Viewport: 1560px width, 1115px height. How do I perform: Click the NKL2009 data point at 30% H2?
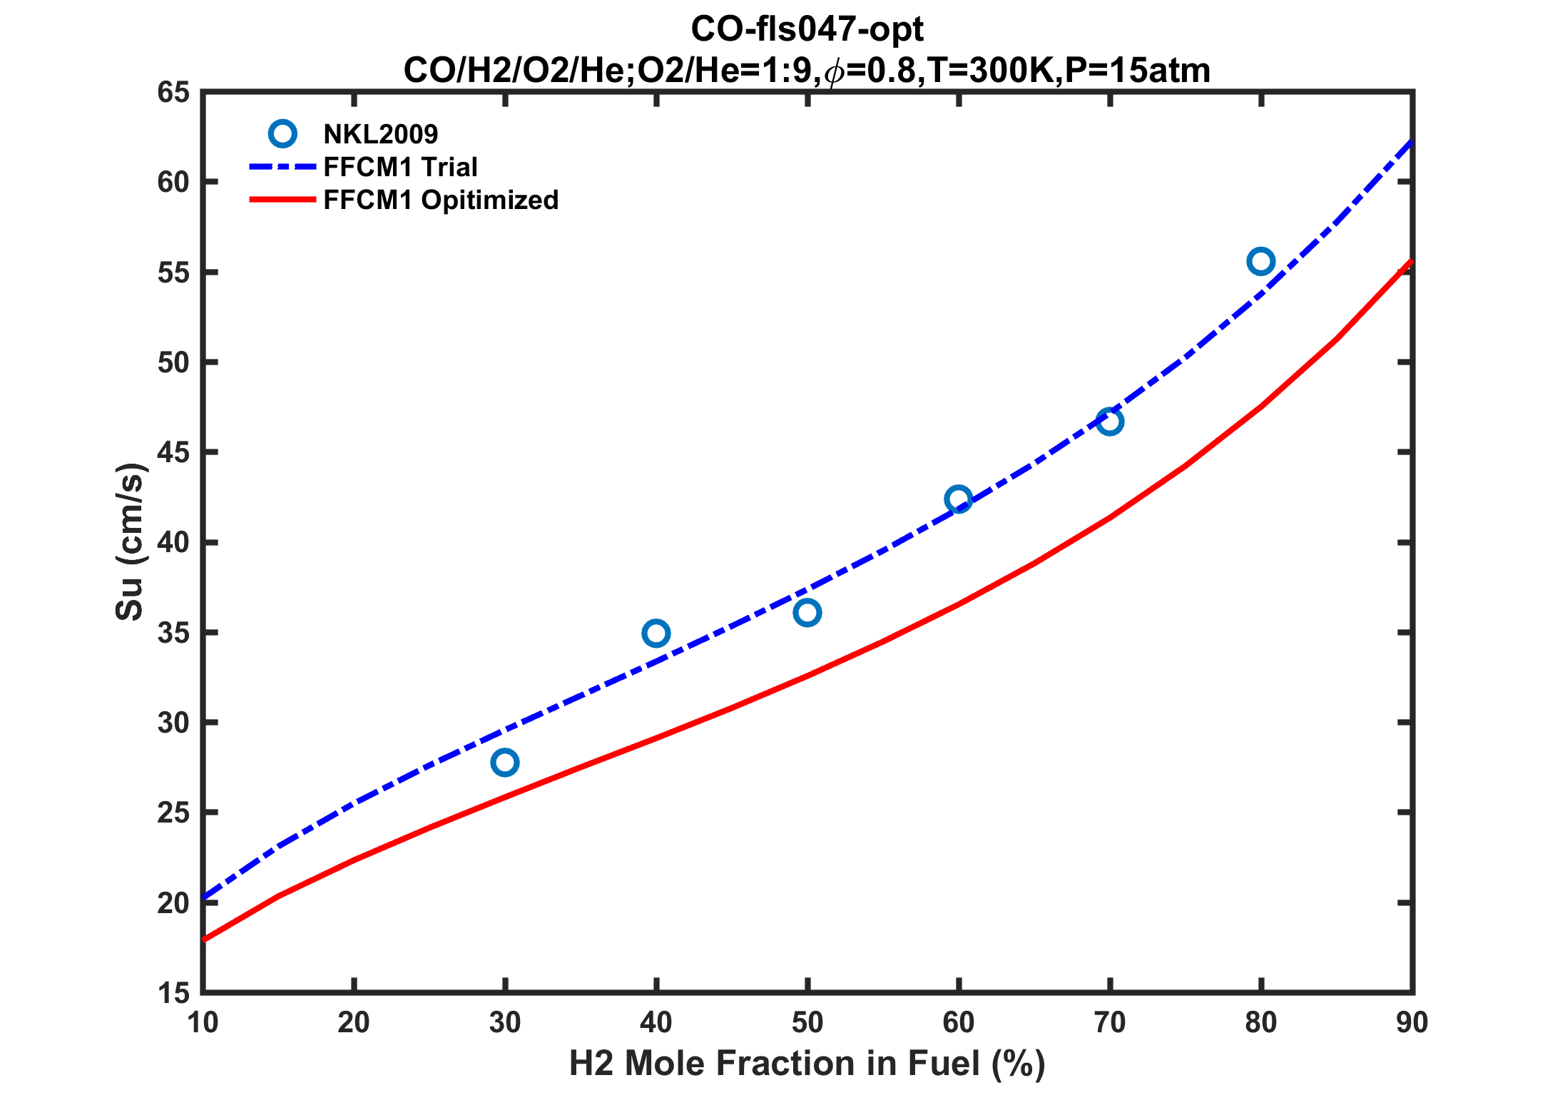(x=504, y=763)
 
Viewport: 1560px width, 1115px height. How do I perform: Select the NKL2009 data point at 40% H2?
(x=656, y=633)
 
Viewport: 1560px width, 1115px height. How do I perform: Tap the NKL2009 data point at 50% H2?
(x=807, y=612)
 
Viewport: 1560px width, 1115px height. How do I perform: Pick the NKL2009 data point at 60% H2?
(x=958, y=499)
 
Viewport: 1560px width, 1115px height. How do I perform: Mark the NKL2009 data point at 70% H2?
(x=1109, y=422)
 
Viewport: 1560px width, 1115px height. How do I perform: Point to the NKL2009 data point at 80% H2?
(x=1260, y=262)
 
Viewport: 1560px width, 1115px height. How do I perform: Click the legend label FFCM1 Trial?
(x=400, y=167)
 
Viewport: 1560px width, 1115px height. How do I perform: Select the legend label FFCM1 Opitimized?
(x=441, y=200)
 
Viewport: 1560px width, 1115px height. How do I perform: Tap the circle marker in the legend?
(x=282, y=133)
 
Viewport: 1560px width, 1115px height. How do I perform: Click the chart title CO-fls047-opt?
(x=807, y=29)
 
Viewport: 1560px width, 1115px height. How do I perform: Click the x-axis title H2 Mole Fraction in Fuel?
(x=807, y=1064)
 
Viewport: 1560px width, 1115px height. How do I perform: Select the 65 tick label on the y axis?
(x=173, y=92)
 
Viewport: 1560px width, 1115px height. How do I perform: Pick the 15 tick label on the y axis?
(x=173, y=992)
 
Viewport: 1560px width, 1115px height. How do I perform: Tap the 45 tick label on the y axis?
(x=173, y=452)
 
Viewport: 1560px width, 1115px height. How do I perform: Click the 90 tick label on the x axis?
(x=1412, y=1023)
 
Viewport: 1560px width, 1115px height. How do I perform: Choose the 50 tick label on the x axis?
(x=807, y=1023)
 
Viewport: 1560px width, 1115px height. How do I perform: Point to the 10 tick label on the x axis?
(x=203, y=1023)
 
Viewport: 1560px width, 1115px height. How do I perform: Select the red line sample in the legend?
(x=282, y=200)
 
